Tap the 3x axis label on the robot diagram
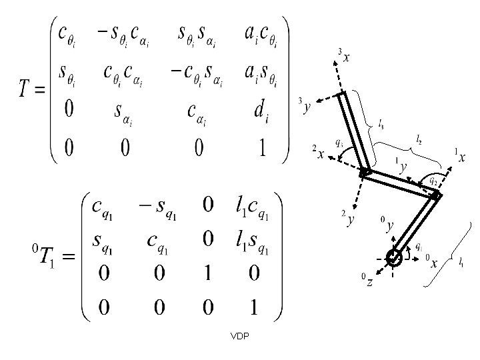(344, 57)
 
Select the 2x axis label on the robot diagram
(318, 154)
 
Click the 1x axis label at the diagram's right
(459, 157)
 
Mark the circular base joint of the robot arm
(393, 257)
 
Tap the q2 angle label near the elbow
(433, 180)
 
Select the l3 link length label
(381, 123)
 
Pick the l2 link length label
(419, 139)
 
